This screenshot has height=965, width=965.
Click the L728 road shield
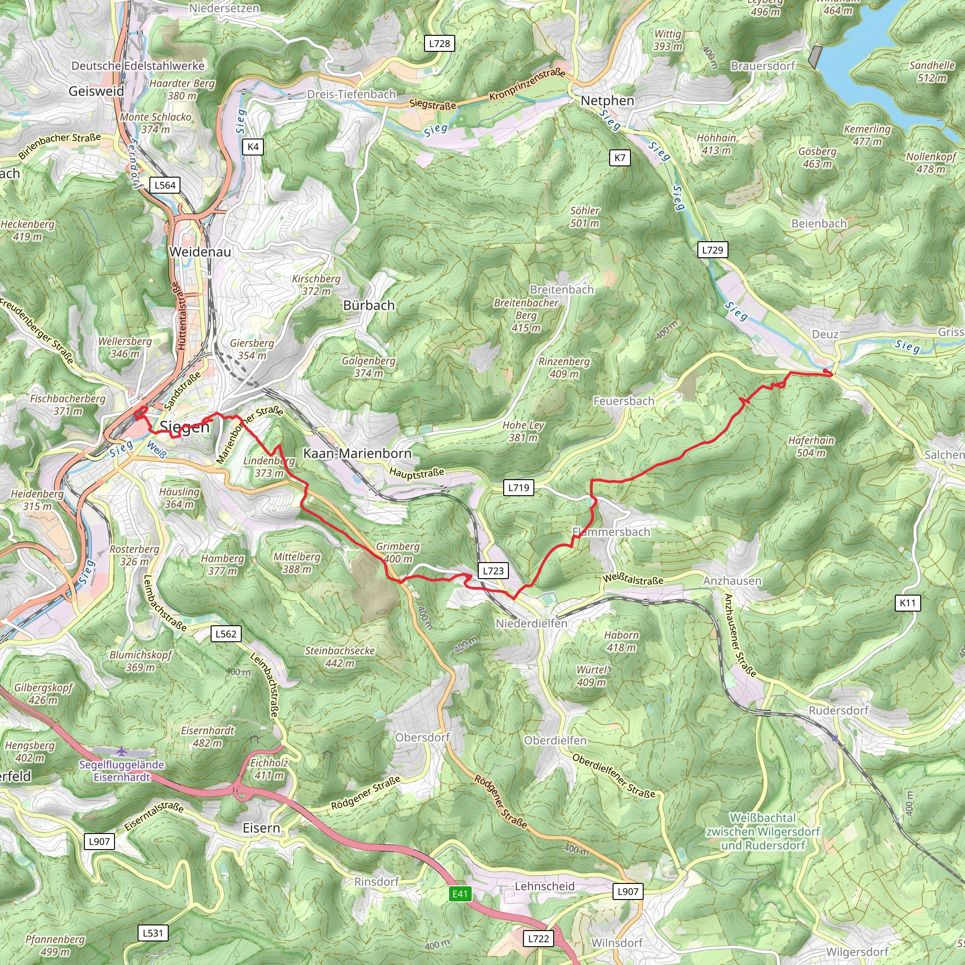tap(440, 43)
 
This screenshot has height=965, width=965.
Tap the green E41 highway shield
tap(459, 893)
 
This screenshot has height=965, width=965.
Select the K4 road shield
tap(253, 147)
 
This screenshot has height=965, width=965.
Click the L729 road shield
tap(712, 250)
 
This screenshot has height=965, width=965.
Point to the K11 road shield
tap(908, 602)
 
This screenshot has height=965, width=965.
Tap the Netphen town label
tap(607, 100)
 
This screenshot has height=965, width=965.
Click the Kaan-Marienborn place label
tap(358, 454)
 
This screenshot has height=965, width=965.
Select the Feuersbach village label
tap(623, 401)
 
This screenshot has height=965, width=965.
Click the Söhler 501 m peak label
tap(584, 217)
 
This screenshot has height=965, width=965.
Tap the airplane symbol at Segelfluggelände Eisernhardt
tap(122, 751)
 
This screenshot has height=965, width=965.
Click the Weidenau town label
tap(200, 252)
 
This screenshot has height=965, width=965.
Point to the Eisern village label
tap(261, 828)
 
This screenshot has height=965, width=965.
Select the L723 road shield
tap(493, 571)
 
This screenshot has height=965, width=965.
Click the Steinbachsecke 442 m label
tap(340, 657)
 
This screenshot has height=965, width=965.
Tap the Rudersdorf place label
tap(839, 710)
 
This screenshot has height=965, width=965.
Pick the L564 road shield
tap(165, 185)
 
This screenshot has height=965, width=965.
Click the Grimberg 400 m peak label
tap(398, 552)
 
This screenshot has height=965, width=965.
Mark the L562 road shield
tap(226, 634)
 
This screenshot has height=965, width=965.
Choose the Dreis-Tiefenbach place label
tap(351, 94)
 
